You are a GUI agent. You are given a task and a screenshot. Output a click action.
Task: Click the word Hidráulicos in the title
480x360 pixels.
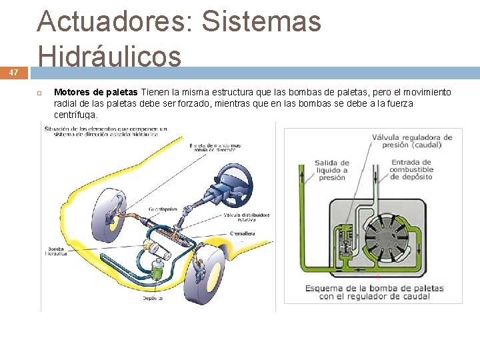109,55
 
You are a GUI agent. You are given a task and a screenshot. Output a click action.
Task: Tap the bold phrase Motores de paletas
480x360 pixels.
95,92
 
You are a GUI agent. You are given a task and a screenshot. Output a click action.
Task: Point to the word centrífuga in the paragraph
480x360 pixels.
75,115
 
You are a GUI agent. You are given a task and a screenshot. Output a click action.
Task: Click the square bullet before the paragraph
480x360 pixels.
39,92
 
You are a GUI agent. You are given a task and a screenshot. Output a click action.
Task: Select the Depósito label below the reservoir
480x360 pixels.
152,298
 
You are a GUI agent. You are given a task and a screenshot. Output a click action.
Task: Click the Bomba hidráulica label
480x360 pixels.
55,251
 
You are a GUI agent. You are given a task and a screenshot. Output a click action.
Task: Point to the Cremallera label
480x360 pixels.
244,233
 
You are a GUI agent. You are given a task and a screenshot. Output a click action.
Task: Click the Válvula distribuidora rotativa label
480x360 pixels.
247,218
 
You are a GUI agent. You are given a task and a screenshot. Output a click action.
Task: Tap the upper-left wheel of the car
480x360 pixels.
111,214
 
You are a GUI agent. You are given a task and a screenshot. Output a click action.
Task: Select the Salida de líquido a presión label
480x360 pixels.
331,170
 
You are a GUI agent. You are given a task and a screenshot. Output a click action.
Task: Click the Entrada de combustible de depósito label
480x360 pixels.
411,169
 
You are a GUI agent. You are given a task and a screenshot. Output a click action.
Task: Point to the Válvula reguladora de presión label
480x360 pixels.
411,141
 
